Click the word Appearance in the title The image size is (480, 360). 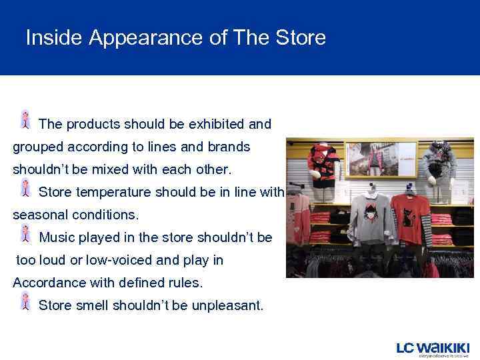click(x=146, y=38)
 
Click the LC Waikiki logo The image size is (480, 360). click(x=433, y=348)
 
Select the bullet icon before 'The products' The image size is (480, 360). click(x=25, y=119)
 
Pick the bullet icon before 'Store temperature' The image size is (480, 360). click(x=25, y=188)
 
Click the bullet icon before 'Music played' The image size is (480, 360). click(x=25, y=233)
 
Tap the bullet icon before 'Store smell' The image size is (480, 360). click(x=25, y=301)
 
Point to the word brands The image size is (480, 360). click(x=228, y=147)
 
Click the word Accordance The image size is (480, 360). click(x=49, y=283)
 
